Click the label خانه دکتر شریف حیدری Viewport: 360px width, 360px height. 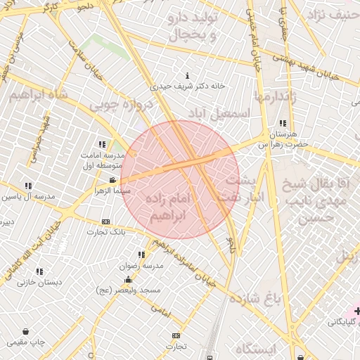[188, 86]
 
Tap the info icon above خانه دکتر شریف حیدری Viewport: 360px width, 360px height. [187, 75]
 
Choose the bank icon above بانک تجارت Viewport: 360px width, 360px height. [106, 221]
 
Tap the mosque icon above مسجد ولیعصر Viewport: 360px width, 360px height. [128, 280]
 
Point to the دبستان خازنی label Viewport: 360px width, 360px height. [40, 282]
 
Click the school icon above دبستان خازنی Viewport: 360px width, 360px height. [39, 271]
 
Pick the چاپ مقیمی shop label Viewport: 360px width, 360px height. [27, 342]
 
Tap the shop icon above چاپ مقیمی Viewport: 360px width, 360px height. [26, 331]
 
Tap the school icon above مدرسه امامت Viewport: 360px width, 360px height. [103, 144]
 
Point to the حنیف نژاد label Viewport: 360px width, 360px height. [330, 13]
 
